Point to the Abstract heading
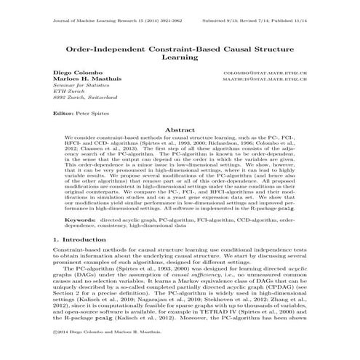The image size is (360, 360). click(180, 129)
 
